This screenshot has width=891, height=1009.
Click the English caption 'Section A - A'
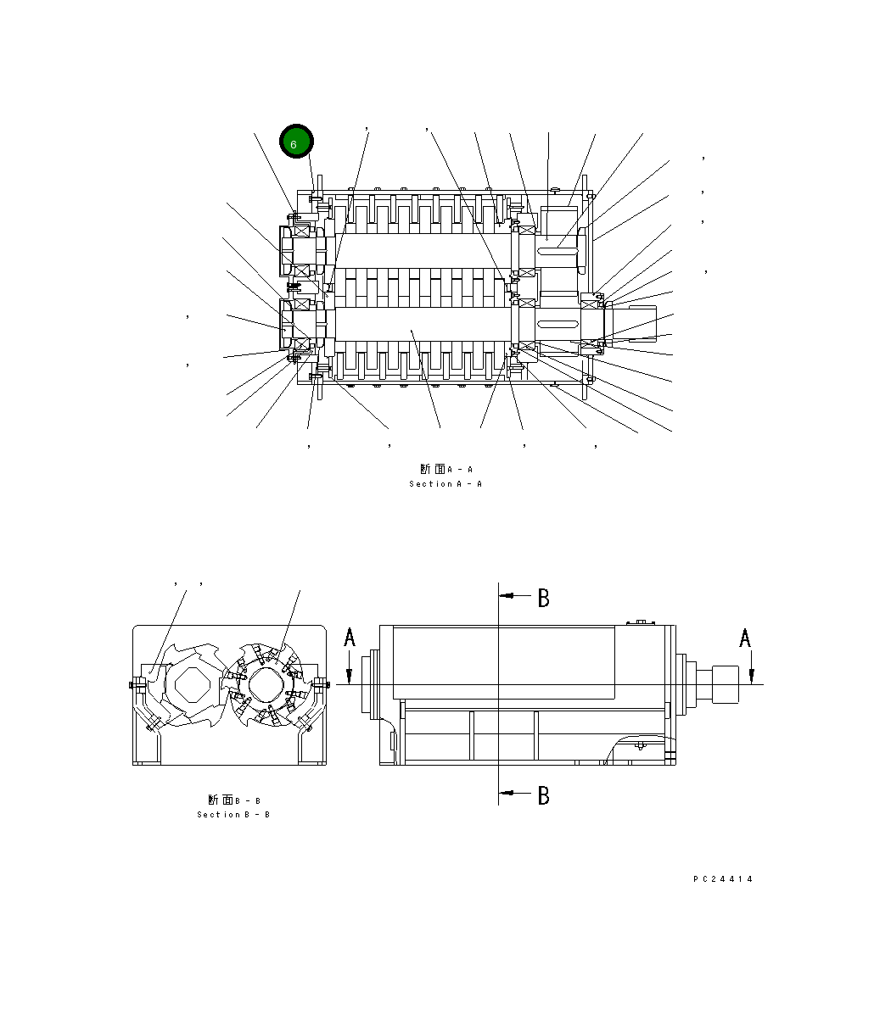click(445, 484)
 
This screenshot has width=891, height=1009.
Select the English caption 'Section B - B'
click(233, 815)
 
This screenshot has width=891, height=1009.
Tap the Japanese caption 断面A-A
click(445, 469)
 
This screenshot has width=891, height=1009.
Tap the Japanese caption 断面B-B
click(233, 800)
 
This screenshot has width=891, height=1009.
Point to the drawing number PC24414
click(722, 879)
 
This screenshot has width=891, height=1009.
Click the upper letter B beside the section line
click(543, 598)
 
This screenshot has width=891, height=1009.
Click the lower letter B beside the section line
click(543, 795)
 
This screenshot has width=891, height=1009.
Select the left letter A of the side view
click(349, 638)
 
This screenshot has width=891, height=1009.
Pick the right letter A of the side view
click(744, 638)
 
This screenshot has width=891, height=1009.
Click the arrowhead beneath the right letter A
click(751, 674)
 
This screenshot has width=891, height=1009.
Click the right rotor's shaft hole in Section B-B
click(263, 683)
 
